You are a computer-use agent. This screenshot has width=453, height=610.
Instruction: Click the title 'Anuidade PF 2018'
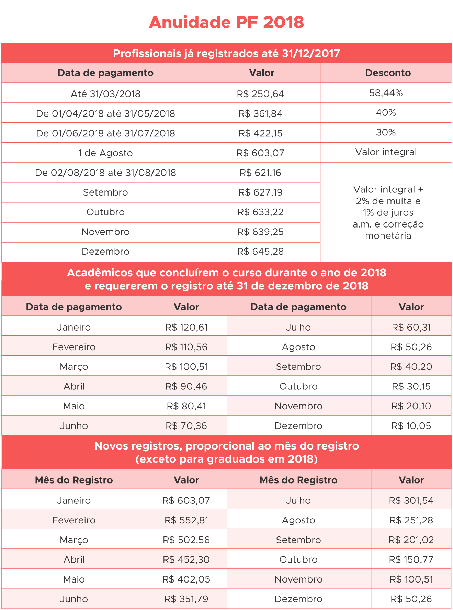226,23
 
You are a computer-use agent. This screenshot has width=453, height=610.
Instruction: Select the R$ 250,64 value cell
260,94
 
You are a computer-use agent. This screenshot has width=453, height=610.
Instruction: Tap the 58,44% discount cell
386,93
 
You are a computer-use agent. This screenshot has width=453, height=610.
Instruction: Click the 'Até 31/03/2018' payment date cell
105,94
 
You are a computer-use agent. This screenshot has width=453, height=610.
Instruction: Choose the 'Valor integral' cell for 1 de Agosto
386,152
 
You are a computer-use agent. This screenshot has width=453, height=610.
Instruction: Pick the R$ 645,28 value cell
260,252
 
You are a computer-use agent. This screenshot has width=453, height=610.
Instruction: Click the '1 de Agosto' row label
105,153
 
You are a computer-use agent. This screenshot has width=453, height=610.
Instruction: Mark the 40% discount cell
386,113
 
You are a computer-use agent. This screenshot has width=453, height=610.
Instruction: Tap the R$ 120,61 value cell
186,327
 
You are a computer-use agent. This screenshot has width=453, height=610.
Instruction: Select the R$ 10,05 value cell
411,426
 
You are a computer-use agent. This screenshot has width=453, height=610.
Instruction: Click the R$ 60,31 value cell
411,327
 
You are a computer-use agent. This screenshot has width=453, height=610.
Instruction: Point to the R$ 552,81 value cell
186,520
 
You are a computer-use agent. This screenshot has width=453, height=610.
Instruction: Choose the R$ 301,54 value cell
411,500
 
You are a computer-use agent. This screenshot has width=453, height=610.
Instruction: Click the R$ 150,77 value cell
411,559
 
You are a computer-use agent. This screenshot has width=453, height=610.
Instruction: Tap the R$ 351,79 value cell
186,599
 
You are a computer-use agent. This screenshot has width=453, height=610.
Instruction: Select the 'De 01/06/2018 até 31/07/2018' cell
105,133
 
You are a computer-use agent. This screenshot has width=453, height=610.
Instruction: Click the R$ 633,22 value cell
260,212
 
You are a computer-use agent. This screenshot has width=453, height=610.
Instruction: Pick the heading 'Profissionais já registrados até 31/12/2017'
226,53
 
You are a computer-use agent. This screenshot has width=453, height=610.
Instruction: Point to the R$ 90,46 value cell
186,386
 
